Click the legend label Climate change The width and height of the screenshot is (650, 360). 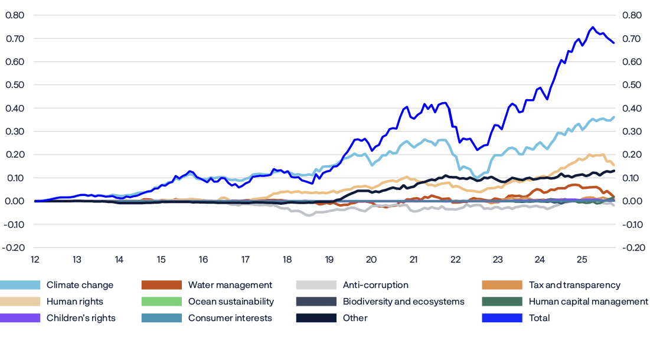pos(80,285)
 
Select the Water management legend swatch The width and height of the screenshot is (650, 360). pos(161,285)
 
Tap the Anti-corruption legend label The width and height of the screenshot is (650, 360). pos(375,285)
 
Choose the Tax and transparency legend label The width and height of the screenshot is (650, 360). pos(574,285)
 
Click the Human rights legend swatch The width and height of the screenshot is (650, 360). pos(20,302)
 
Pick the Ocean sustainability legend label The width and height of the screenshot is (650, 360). pos(231,302)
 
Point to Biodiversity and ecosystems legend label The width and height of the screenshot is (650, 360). pos(404,302)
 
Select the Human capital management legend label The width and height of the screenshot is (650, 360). pos(588,302)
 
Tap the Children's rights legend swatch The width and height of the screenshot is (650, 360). pos(20,318)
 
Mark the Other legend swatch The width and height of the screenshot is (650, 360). pos(315,318)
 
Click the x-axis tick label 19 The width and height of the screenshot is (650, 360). pos(329,259)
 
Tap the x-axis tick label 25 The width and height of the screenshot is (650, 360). pos(582,259)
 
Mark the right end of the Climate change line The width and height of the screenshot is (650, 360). pos(614,117)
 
